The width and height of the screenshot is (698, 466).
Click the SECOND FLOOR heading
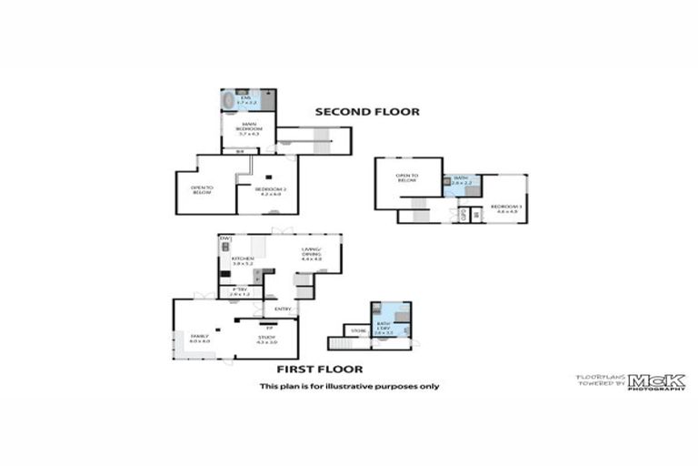pos(367,112)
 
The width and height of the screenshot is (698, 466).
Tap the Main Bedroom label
pos(240,131)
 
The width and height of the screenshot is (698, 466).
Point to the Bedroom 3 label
pos(505,208)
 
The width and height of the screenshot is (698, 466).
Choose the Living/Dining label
pos(313,257)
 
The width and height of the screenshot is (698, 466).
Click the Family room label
pos(200,338)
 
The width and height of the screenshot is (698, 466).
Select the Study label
pos(266,339)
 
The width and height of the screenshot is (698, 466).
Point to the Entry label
pos(284,309)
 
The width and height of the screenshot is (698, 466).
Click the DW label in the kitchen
pos(224,238)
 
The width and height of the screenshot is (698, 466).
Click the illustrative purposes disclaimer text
pos(349,386)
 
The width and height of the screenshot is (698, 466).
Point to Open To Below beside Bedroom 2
pos(201,190)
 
